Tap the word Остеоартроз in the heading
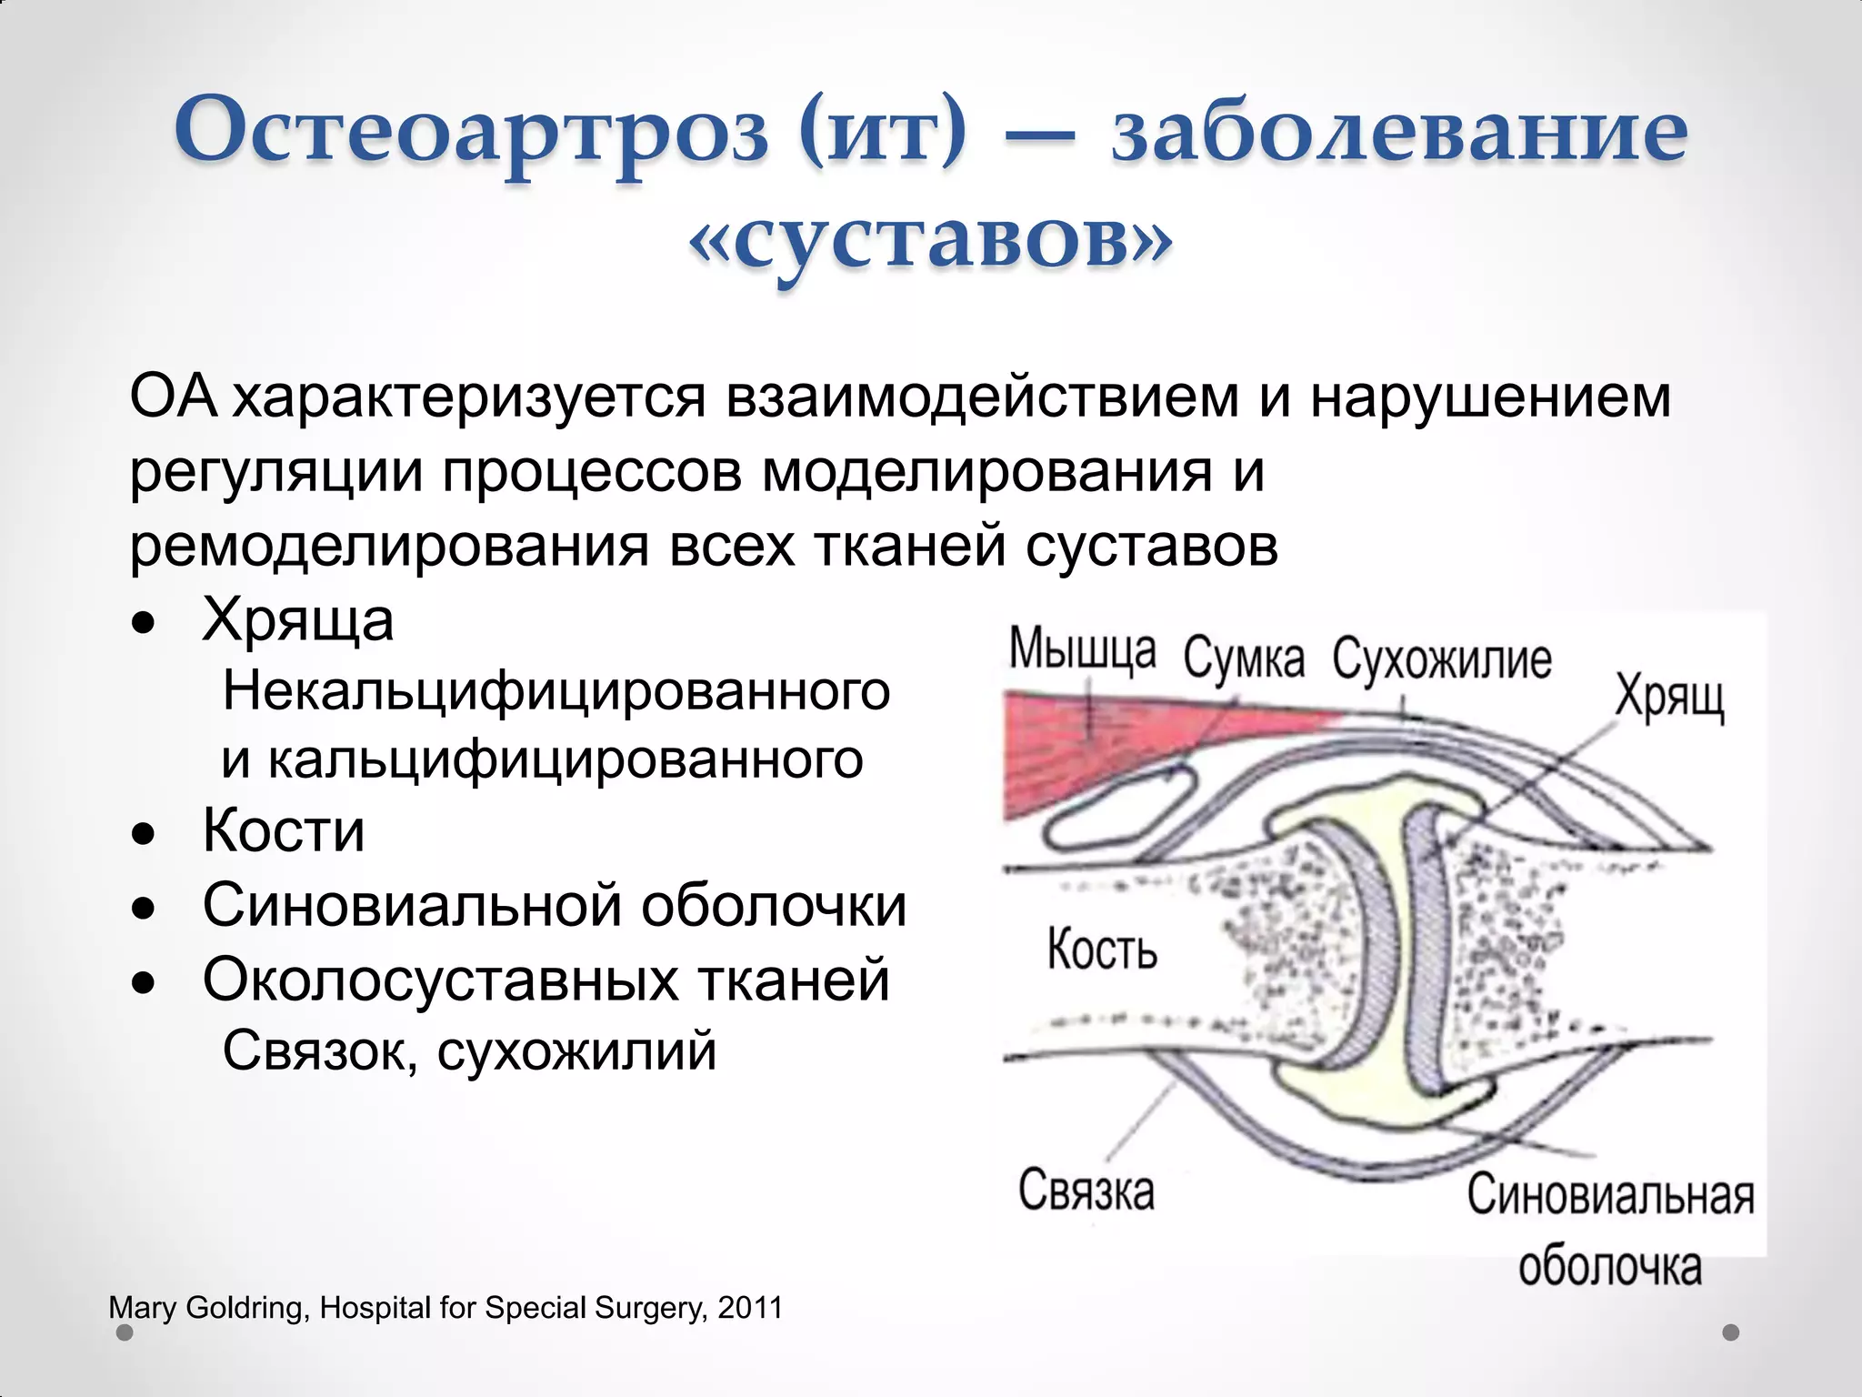tap(473, 130)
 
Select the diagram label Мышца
tap(1082, 649)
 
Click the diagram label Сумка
tap(1244, 658)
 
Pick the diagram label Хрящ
tap(1669, 698)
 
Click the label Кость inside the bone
tap(1102, 950)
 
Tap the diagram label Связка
tap(1086, 1190)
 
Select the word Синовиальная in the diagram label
tap(1609, 1195)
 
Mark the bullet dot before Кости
tap(143, 833)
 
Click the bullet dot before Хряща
tap(143, 623)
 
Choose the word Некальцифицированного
tap(556, 691)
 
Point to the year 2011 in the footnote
tap(750, 1308)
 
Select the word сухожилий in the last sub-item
tap(577, 1051)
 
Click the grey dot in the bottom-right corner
tap(1731, 1332)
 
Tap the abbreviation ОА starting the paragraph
tap(173, 398)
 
